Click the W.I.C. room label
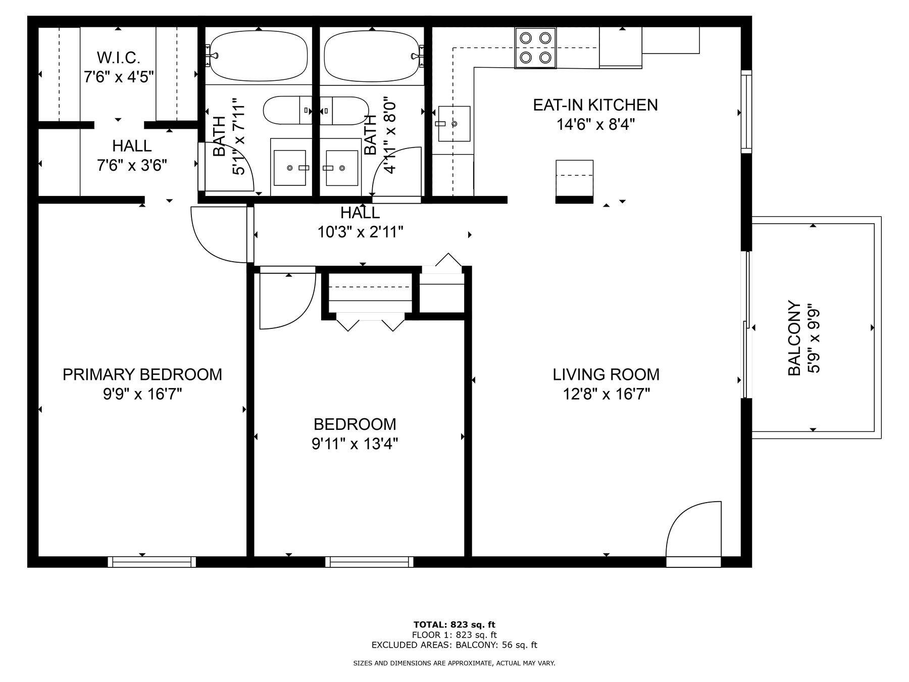pyautogui.click(x=118, y=58)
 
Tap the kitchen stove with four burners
pyautogui.click(x=535, y=47)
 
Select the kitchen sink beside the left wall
pyautogui.click(x=453, y=123)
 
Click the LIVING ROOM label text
pyautogui.click(x=605, y=374)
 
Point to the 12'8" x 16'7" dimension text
pyautogui.click(x=605, y=394)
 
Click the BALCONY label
pyautogui.click(x=794, y=338)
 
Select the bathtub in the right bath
pyautogui.click(x=372, y=56)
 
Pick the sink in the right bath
pyautogui.click(x=341, y=168)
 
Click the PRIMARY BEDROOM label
pyautogui.click(x=142, y=374)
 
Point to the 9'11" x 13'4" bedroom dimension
pyautogui.click(x=355, y=444)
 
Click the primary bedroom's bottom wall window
pyautogui.click(x=151, y=562)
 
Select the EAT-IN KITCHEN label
pyautogui.click(x=595, y=105)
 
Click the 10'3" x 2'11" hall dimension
pyautogui.click(x=360, y=232)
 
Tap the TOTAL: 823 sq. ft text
pyautogui.click(x=454, y=624)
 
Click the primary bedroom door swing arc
pyautogui.click(x=218, y=235)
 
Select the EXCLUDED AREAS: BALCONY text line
pyautogui.click(x=454, y=645)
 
